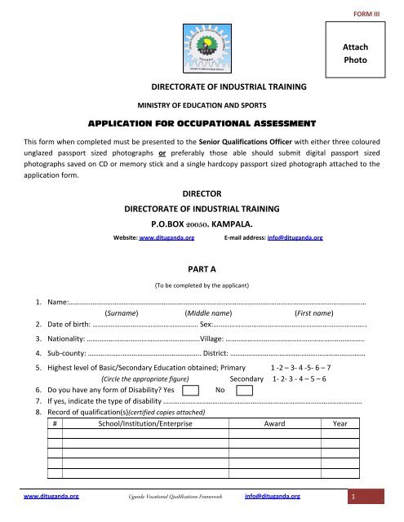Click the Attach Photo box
[x=366, y=55]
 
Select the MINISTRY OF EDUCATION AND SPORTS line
[x=203, y=105]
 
